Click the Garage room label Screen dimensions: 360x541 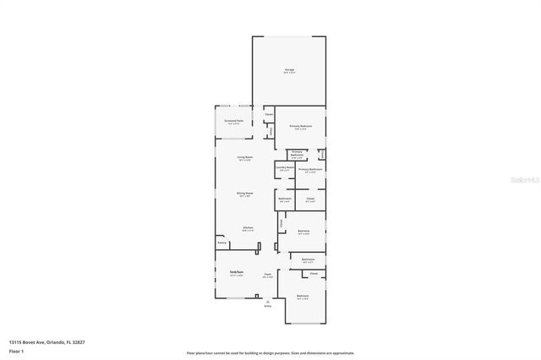288,71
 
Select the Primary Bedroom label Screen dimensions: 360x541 301,127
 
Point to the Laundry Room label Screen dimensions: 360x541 285,167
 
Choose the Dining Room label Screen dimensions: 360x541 245,194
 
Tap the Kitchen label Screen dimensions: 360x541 248,228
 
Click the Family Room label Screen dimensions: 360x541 237,272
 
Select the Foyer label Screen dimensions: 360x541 266,275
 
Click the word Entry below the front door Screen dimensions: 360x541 268,307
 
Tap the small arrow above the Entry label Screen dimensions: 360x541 268,301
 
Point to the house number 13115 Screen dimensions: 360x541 15,341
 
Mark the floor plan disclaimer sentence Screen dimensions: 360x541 270,353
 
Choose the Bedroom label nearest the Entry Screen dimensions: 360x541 303,296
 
